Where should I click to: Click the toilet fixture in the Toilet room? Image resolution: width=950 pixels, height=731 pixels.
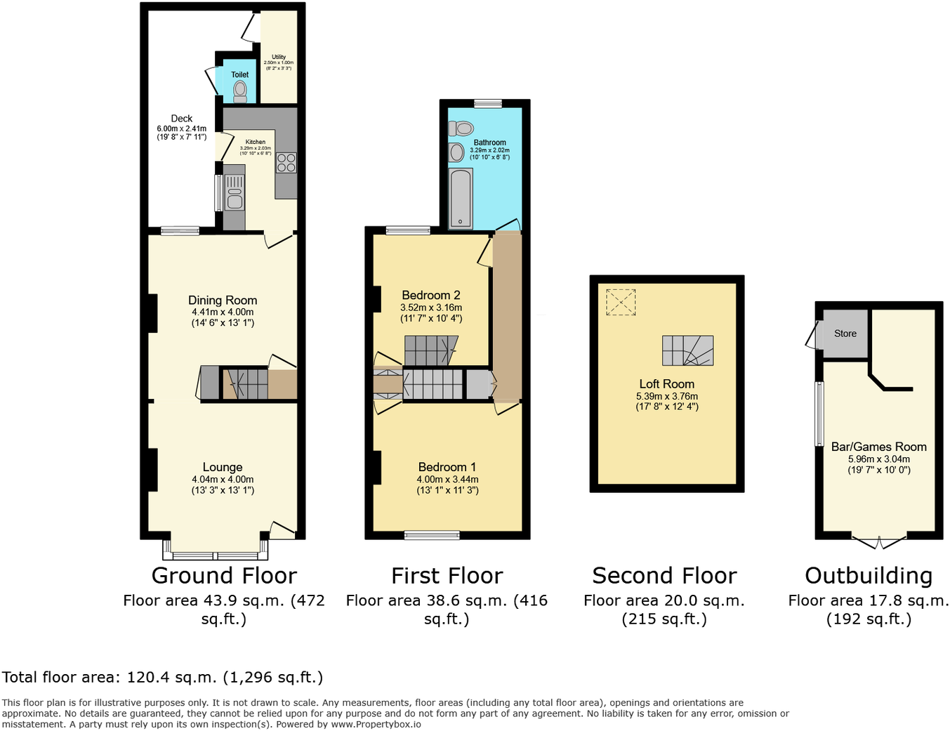click(240, 91)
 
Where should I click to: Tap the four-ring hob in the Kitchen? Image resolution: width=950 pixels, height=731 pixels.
click(286, 163)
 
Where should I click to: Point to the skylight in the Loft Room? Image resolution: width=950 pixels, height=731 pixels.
click(620, 302)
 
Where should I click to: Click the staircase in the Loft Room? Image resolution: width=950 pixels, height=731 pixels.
click(687, 350)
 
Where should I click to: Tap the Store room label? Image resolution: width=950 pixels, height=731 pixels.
click(845, 334)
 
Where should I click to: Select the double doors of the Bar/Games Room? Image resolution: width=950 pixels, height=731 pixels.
click(878, 541)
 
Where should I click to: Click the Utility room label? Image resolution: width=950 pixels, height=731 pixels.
click(279, 57)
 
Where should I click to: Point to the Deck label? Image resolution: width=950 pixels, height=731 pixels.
click(181, 119)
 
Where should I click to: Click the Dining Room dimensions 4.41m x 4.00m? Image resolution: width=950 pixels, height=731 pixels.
click(223, 312)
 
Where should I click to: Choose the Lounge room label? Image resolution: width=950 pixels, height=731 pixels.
click(223, 467)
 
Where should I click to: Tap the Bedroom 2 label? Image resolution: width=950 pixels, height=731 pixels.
click(430, 295)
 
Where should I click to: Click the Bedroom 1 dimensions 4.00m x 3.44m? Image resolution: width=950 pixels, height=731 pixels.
click(447, 480)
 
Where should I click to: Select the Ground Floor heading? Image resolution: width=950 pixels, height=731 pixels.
click(224, 576)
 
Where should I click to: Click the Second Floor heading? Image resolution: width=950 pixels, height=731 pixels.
click(664, 576)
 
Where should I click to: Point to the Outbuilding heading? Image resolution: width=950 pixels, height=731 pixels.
click(869, 576)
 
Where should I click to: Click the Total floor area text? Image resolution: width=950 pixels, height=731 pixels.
click(162, 678)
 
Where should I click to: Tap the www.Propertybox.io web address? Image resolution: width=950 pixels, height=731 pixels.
click(376, 724)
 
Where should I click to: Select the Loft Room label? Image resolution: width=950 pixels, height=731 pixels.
click(666, 384)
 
